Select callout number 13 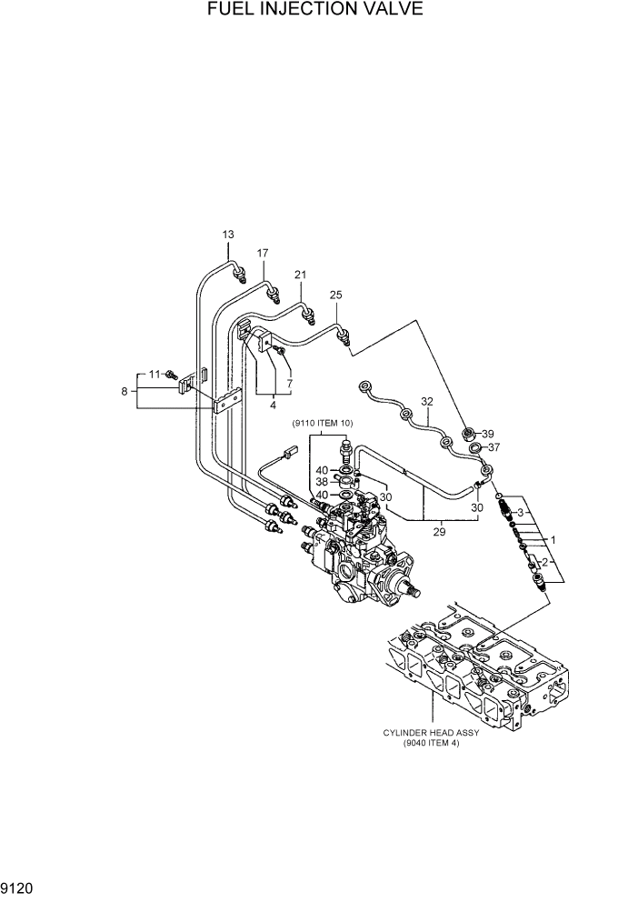click(x=228, y=235)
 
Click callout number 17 click(x=264, y=253)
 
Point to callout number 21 click(x=301, y=274)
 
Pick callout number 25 click(x=335, y=295)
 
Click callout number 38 click(x=322, y=482)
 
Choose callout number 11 click(x=155, y=374)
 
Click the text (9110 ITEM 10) click(x=323, y=424)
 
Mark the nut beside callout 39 click(x=469, y=432)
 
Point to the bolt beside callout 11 click(x=170, y=374)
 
